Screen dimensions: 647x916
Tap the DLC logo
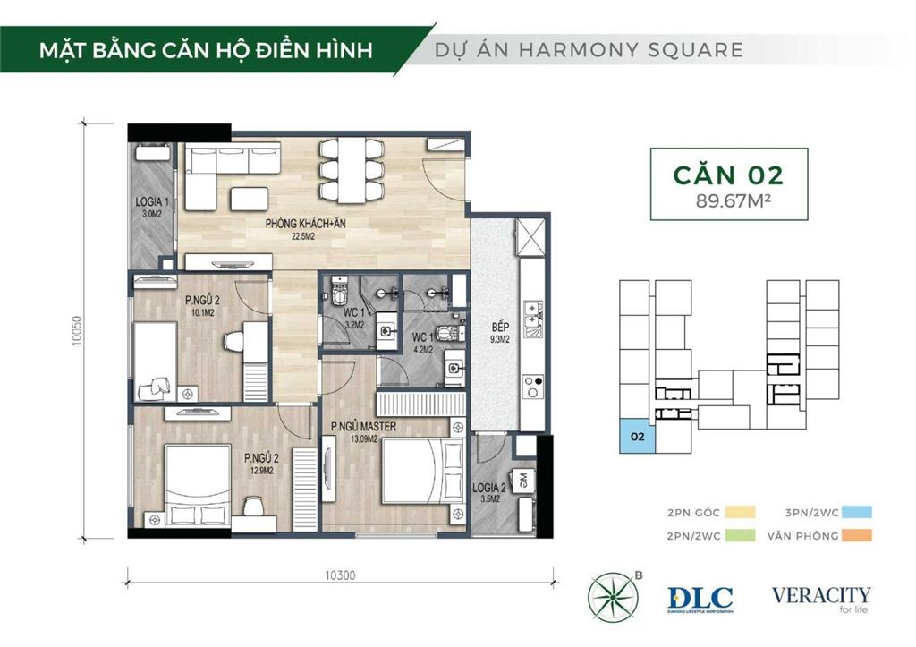coord(700,599)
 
